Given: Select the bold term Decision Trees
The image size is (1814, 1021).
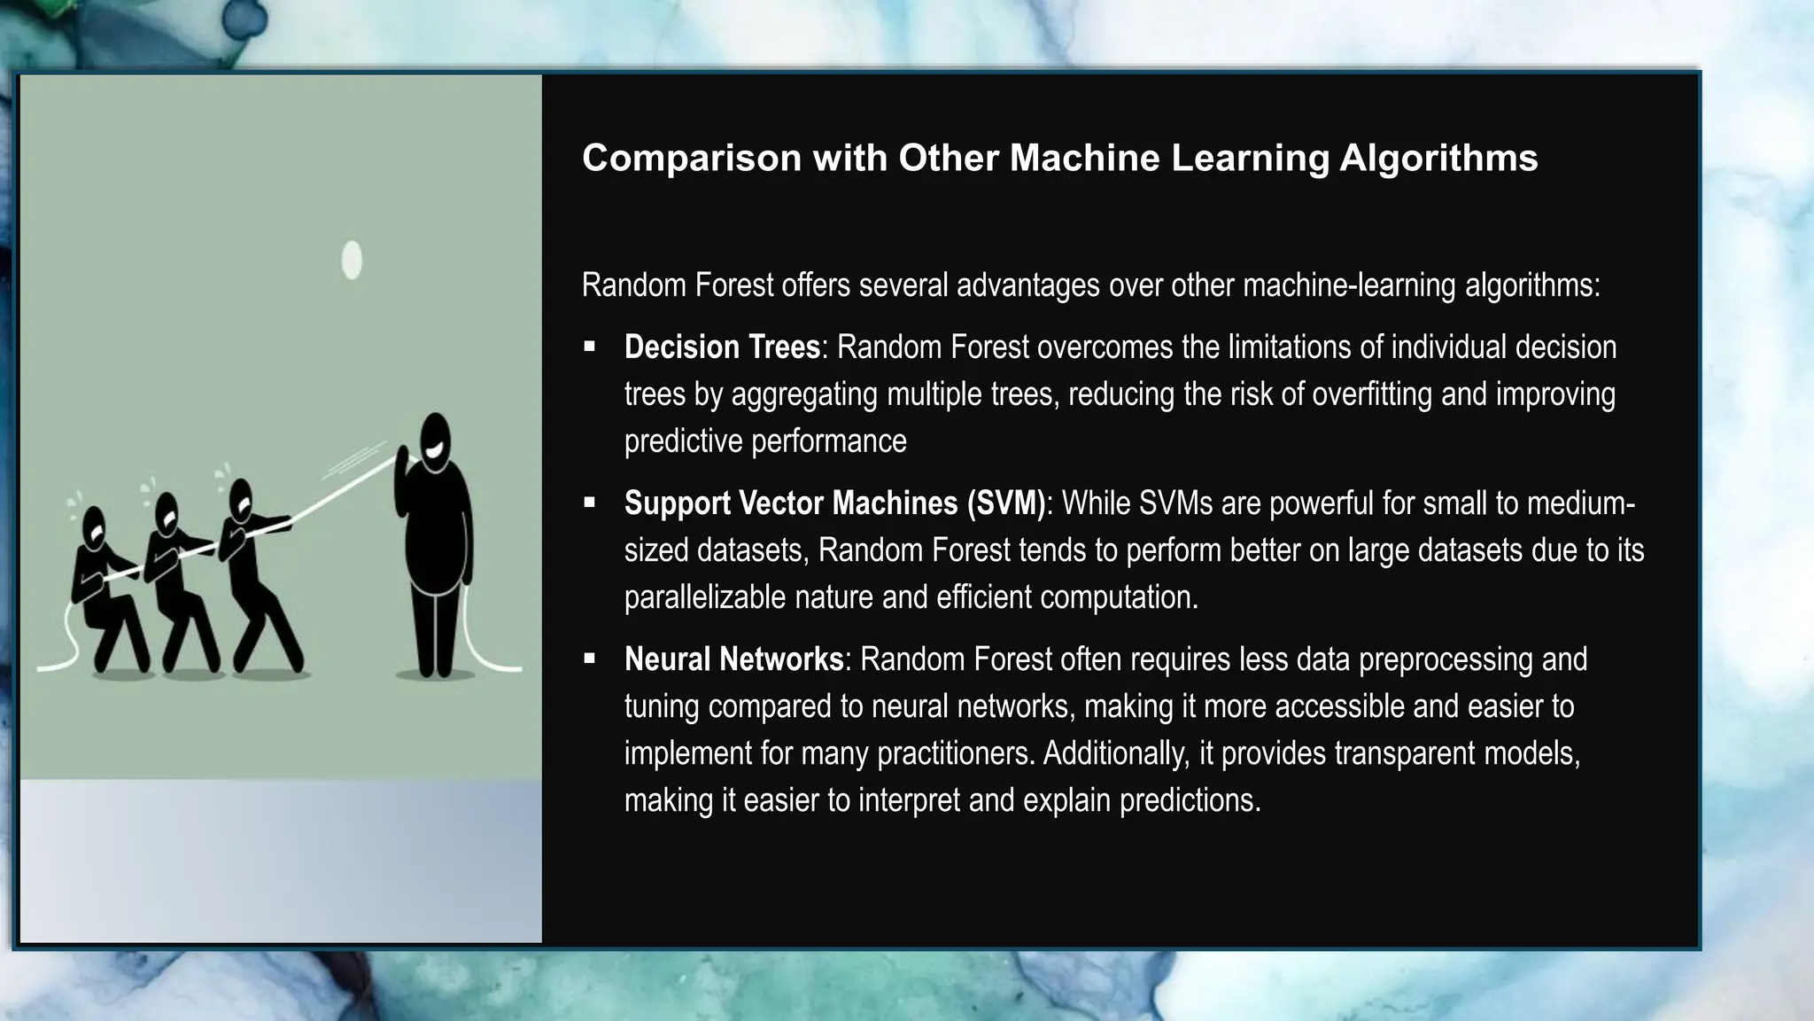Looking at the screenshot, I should click(722, 347).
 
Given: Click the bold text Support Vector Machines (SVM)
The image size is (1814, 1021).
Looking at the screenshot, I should click(834, 503).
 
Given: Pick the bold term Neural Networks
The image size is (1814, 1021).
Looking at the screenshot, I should click(733, 659).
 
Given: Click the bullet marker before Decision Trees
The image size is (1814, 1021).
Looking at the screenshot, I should click(590, 347).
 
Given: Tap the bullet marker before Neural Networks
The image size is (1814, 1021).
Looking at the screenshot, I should click(590, 659).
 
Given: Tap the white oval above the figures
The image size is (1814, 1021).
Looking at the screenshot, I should click(352, 261).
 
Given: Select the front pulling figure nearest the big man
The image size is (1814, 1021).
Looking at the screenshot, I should click(252, 567).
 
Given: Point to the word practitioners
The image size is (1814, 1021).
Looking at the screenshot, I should click(955, 753).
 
